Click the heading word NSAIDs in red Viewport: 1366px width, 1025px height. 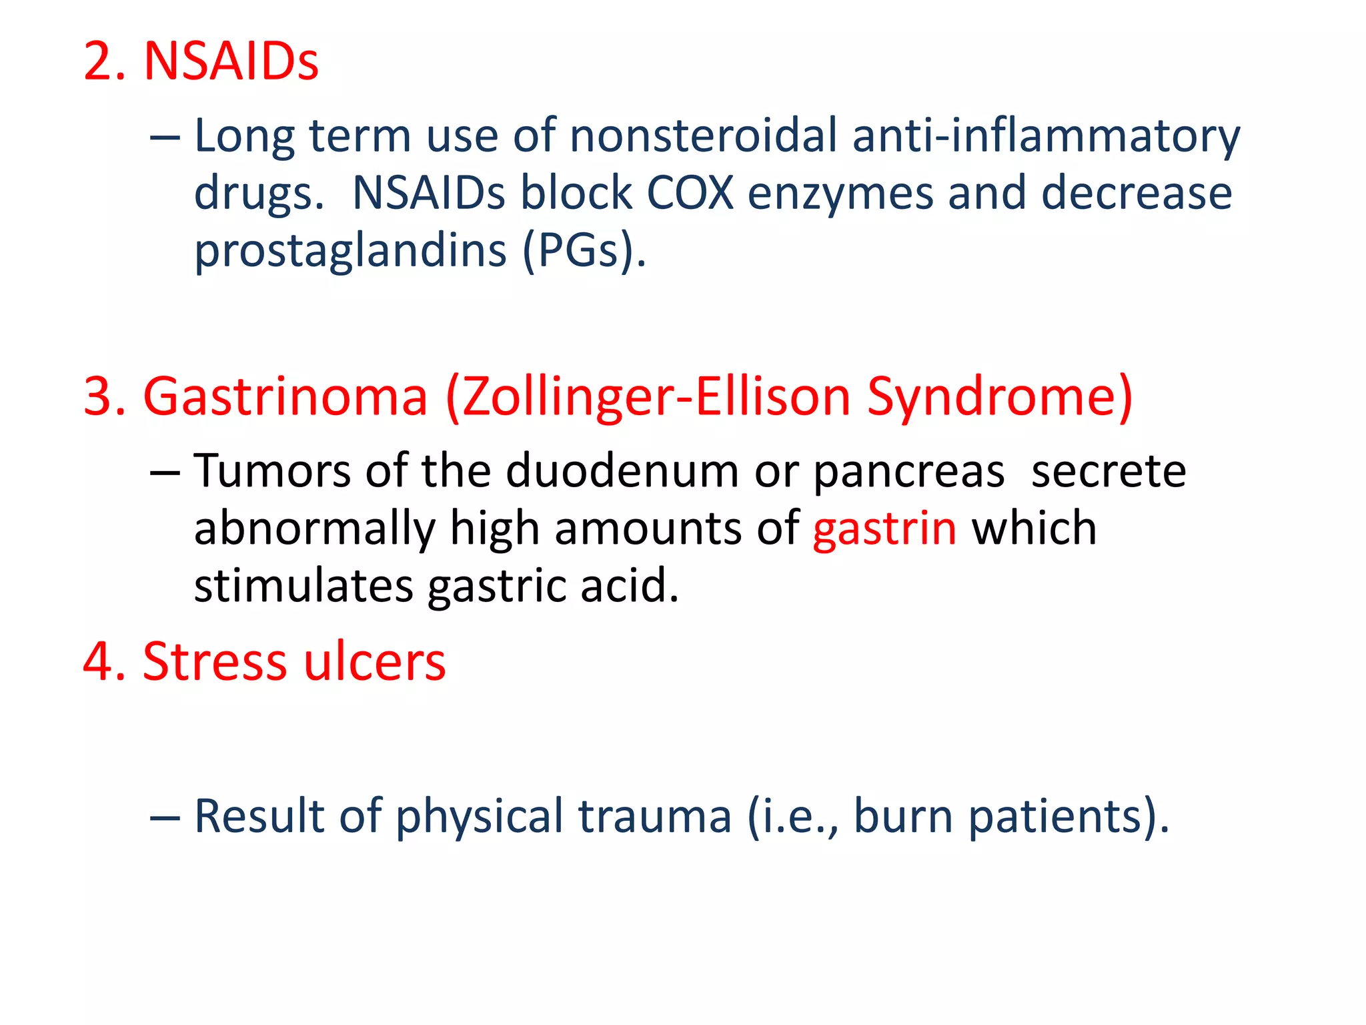click(231, 62)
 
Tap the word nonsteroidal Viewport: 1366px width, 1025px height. click(703, 135)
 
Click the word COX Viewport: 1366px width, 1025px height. click(690, 194)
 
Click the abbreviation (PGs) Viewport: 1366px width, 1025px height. click(584, 252)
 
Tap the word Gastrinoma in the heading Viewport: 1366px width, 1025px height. click(285, 397)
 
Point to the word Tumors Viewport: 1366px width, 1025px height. click(271, 472)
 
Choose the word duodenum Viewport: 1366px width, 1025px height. click(622, 472)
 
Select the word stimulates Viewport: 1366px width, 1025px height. click(303, 586)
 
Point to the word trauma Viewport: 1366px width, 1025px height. click(654, 817)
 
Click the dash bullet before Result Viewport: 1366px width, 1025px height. click(165, 817)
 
